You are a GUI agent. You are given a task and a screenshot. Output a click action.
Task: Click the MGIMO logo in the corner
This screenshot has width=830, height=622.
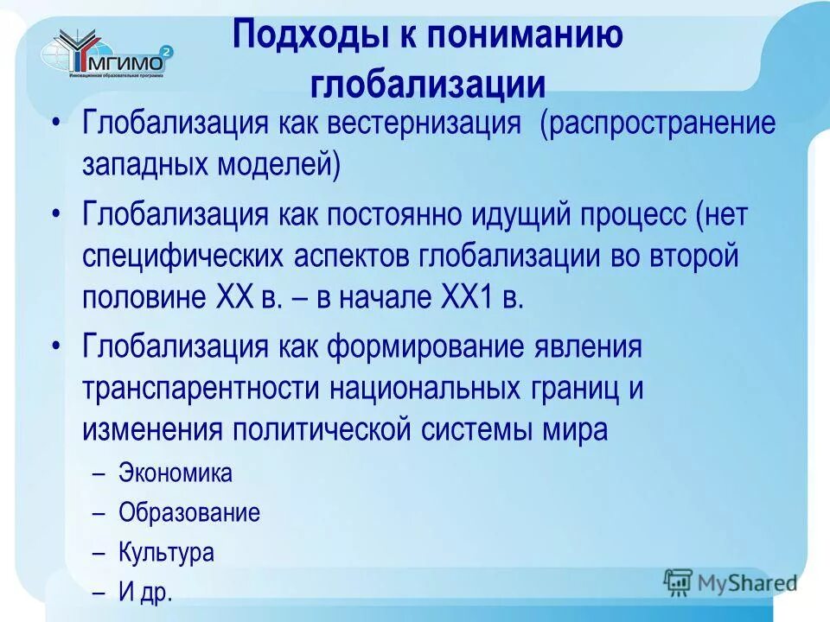[109, 54]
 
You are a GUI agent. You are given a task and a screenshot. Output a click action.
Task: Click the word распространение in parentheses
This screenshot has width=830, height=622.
[659, 123]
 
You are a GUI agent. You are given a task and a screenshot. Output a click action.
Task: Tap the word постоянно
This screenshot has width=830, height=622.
[399, 214]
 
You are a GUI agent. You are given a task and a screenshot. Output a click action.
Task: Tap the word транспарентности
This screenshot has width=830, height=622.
[201, 388]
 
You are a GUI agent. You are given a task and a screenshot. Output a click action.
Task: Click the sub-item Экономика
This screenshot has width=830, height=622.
[176, 473]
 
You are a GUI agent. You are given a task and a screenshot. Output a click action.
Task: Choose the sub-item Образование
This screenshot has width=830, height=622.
[189, 512]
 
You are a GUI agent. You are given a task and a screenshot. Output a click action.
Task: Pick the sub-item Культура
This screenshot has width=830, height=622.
[166, 552]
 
